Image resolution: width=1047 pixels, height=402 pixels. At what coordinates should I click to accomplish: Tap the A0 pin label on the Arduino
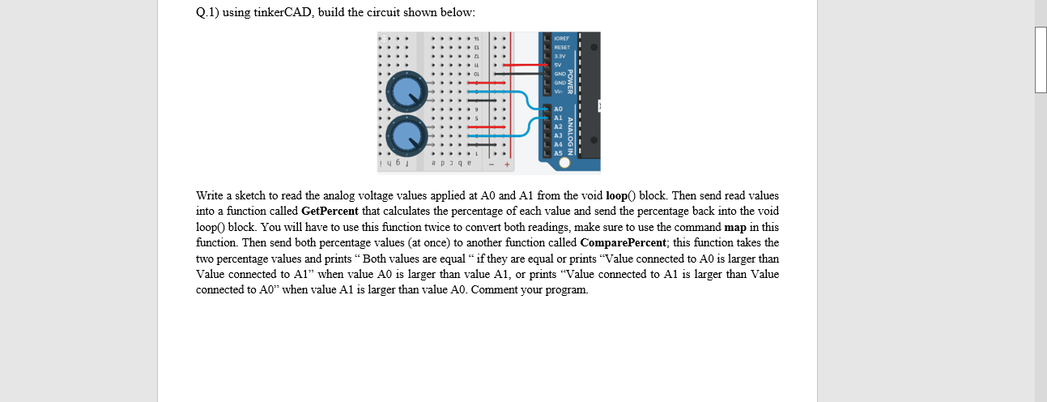coord(558,109)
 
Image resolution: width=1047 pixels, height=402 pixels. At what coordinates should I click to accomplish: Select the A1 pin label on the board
coord(558,118)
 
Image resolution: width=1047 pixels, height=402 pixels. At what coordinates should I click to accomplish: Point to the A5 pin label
coord(558,153)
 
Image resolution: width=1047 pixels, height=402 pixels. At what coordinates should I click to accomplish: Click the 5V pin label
coord(558,65)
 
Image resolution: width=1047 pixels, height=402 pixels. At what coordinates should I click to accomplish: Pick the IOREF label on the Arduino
coord(561,38)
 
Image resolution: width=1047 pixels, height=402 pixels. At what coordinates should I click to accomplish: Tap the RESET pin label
coord(561,47)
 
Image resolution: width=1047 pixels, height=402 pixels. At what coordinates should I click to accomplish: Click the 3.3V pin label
coord(560,56)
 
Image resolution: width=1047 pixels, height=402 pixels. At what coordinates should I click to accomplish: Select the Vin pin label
coord(558,92)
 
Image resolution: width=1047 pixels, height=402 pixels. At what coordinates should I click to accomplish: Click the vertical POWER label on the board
coord(570,82)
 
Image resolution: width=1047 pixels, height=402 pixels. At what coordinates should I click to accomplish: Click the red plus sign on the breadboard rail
coord(508,165)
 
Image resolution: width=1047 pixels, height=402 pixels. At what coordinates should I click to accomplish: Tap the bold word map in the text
coord(735,227)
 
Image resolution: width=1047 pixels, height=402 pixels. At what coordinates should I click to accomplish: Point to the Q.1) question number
coord(207,14)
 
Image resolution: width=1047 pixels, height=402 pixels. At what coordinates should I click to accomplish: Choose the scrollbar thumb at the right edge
coord(1041,59)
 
